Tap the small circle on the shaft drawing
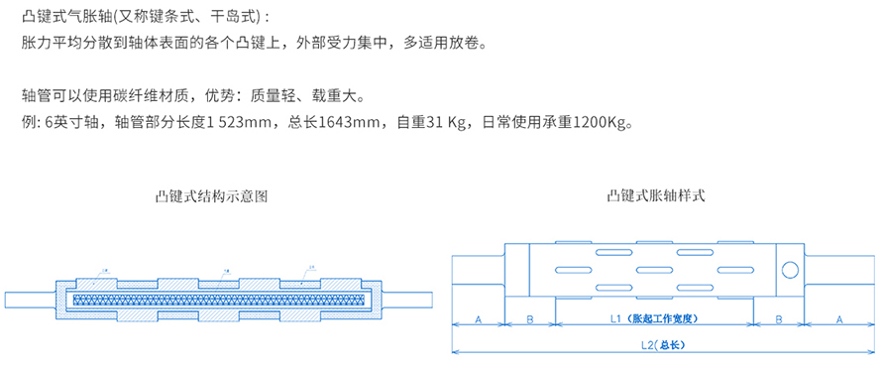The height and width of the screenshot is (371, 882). (x=789, y=270)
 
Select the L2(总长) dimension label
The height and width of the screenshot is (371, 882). (x=664, y=346)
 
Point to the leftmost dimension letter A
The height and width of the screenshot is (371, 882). (x=478, y=319)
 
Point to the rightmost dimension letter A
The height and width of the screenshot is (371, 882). (x=840, y=319)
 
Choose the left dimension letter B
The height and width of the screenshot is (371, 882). (x=530, y=319)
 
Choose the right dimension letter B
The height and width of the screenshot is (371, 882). (x=779, y=319)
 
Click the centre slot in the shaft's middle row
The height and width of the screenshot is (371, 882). (x=656, y=270)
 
